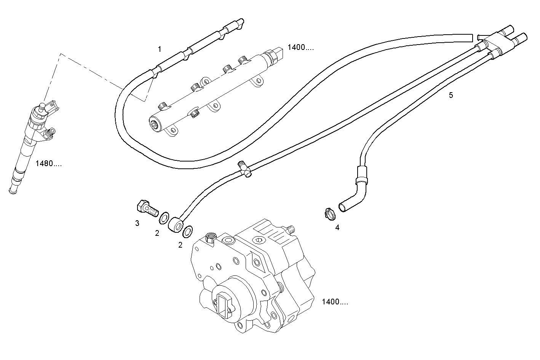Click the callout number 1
coord(160,49)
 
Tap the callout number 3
coord(137,223)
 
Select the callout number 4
coord(337,228)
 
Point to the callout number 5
coord(451,95)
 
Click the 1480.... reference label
coord(48,164)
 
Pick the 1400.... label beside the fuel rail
coord(301,48)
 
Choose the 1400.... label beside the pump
coord(335,302)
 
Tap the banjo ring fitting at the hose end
coord(176,224)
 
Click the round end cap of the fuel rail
coord(155,124)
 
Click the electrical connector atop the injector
coord(52,106)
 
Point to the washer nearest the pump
coord(188,231)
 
